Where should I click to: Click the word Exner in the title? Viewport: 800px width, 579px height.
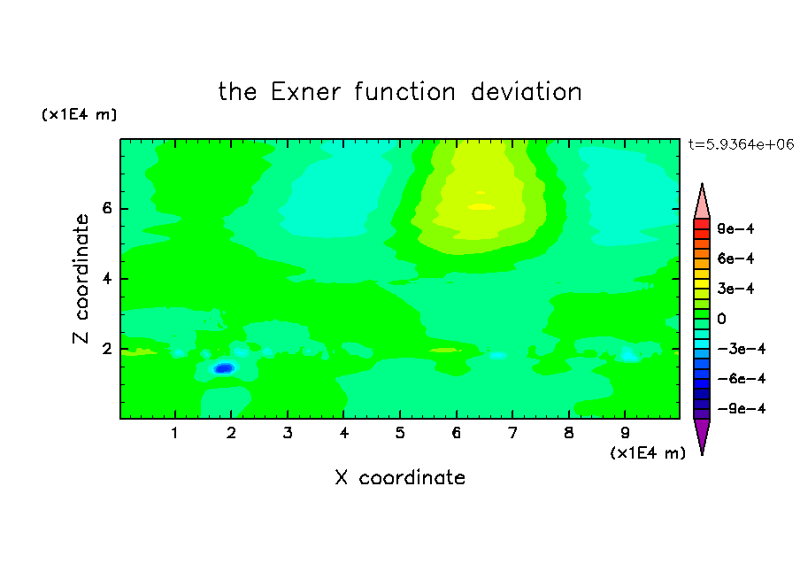pyautogui.click(x=305, y=92)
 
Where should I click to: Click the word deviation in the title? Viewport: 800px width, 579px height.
pyautogui.click(x=526, y=92)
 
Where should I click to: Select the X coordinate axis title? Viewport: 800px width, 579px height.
pyautogui.click(x=400, y=477)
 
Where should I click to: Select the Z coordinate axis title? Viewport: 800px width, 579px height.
pyautogui.click(x=81, y=279)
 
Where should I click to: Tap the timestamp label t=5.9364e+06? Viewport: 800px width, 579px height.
pyautogui.click(x=741, y=145)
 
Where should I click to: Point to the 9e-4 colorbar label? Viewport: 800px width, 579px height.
pyautogui.click(x=735, y=228)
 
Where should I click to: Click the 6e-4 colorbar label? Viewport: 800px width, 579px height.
pyautogui.click(x=735, y=259)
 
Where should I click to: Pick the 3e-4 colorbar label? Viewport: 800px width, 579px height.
pyautogui.click(x=735, y=289)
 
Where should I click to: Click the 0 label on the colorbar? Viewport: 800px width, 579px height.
pyautogui.click(x=721, y=319)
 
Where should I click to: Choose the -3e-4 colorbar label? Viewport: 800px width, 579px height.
pyautogui.click(x=742, y=349)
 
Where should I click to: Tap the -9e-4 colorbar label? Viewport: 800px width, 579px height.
pyautogui.click(x=742, y=409)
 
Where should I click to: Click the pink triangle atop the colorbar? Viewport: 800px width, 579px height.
pyautogui.click(x=702, y=203)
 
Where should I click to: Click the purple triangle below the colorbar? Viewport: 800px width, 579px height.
pyautogui.click(x=702, y=435)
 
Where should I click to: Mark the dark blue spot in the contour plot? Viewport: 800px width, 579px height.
pyautogui.click(x=224, y=368)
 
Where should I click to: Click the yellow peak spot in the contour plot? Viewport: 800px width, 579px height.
pyautogui.click(x=481, y=207)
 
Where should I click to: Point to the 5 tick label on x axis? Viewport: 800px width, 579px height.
pyautogui.click(x=400, y=434)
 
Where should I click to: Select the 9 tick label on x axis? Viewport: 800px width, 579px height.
pyautogui.click(x=625, y=434)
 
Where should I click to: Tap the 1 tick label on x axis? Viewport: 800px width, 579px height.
pyautogui.click(x=175, y=434)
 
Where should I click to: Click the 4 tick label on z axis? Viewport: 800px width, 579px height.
pyautogui.click(x=107, y=279)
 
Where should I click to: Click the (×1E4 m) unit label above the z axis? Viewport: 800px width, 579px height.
pyautogui.click(x=79, y=115)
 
